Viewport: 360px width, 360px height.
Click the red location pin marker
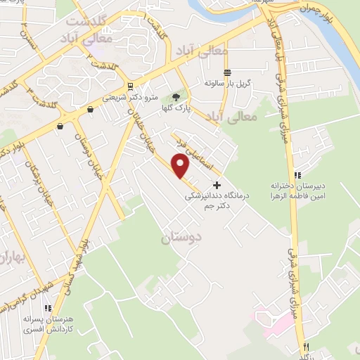coord(181,167)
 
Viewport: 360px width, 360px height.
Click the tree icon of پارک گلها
coord(176,98)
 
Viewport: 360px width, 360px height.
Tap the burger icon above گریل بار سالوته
coord(227,72)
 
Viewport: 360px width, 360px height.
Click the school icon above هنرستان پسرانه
coord(48,308)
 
